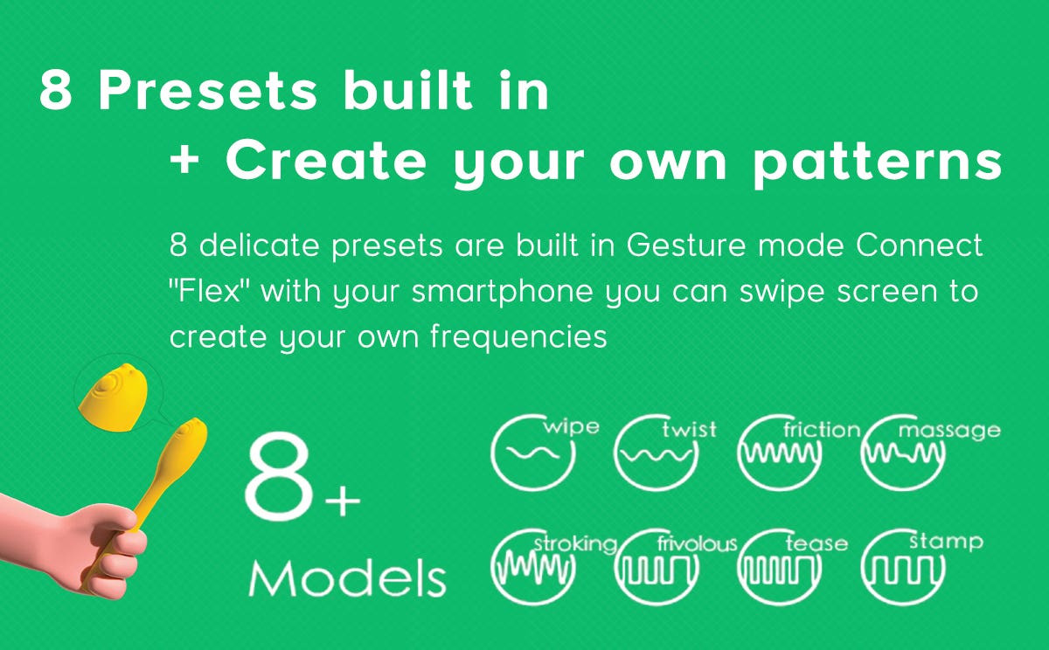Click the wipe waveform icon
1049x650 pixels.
[533, 453]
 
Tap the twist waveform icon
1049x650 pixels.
[656, 453]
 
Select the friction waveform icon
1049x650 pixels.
[780, 453]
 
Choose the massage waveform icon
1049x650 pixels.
[903, 453]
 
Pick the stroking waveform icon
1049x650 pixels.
[533, 567]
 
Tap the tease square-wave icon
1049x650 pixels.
[780, 567]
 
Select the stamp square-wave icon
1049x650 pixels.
[903, 567]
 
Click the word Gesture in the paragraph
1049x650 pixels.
[686, 245]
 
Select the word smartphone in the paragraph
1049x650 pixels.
[503, 293]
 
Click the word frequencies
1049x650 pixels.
[518, 338]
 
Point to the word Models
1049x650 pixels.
[348, 578]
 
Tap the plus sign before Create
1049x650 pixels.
[184, 161]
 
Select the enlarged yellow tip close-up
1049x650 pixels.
[114, 397]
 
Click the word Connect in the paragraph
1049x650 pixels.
[920, 245]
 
